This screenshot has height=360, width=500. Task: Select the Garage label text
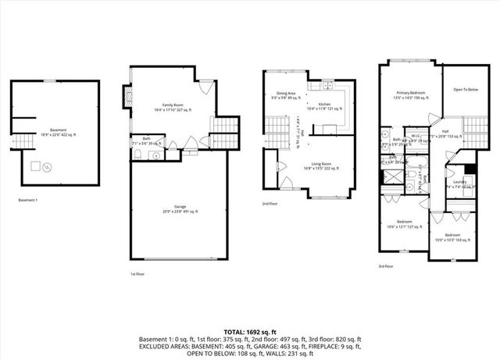point(180,208)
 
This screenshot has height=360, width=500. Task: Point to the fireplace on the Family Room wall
point(123,96)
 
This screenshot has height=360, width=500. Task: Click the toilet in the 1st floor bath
point(137,154)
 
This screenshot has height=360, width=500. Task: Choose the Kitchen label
point(324,104)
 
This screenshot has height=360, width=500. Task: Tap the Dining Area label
point(285,94)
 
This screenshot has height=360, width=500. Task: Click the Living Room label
point(316,143)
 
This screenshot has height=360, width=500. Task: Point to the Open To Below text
point(466,90)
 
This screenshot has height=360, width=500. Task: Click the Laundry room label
point(459,182)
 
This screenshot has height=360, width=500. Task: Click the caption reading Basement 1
point(28,200)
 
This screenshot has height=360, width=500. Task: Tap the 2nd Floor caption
point(270,204)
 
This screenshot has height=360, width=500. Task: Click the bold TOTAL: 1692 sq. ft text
point(250,331)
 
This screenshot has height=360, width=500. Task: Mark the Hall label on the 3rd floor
point(445,131)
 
